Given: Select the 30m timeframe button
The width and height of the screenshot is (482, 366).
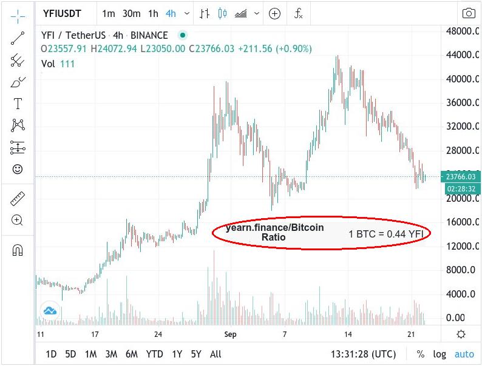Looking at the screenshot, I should tap(131, 13).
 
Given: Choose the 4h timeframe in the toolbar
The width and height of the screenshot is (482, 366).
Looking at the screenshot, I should tap(171, 13).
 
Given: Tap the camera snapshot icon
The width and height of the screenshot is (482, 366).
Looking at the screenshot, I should tap(469, 13).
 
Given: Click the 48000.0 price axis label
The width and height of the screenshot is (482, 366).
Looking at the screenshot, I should tap(464, 31).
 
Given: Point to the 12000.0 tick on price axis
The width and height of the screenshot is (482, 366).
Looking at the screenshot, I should tap(464, 246).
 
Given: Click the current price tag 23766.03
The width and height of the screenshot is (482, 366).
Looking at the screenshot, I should tap(463, 177).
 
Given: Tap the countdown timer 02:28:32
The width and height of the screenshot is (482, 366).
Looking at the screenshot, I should tap(463, 188).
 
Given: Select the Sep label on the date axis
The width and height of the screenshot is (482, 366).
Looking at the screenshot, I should tap(230, 334).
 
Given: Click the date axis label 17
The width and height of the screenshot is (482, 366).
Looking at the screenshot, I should tap(95, 334).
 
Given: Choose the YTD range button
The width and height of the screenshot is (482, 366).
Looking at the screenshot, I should tap(155, 354).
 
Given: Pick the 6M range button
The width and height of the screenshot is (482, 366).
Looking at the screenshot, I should tap(131, 354).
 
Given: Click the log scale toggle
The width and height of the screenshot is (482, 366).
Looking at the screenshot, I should tap(440, 354).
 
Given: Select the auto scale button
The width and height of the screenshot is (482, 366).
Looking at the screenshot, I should tap(464, 354).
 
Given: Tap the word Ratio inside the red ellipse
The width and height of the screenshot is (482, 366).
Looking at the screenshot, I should tap(274, 238).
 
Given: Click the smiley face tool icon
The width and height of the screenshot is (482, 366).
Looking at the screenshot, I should tap(18, 170).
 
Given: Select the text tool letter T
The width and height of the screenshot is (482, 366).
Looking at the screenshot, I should tap(18, 104).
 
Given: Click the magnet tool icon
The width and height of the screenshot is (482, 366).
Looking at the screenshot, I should tap(18, 250).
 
